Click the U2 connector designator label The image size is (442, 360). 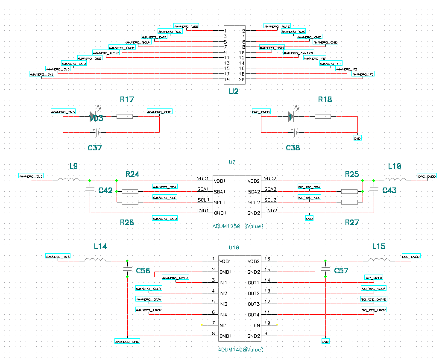click(233, 91)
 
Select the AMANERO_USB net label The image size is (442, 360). click(187, 26)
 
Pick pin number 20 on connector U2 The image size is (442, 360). click(242, 79)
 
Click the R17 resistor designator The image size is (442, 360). click(127, 100)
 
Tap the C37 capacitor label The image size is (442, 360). click(95, 148)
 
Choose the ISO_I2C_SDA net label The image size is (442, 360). click(310, 187)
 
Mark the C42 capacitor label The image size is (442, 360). click(105, 190)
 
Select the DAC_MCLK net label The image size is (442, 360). click(374, 278)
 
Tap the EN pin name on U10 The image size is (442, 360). click(257, 325)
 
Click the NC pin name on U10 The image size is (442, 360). click(222, 325)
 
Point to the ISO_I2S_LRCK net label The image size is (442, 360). click(374, 310)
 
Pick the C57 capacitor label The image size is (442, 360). click(341, 271)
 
